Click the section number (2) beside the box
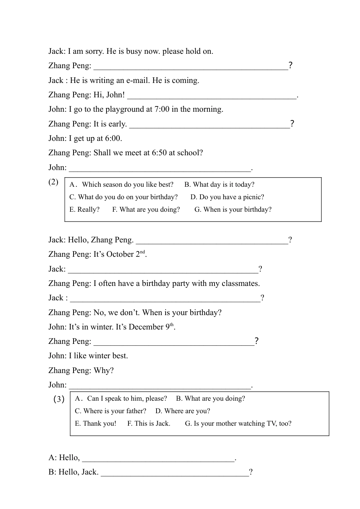tap(53, 182)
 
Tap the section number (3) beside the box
tap(59, 399)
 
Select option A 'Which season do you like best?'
tap(122, 185)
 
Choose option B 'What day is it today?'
tap(219, 185)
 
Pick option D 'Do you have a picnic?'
tap(227, 197)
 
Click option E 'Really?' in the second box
tap(85, 210)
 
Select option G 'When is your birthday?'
tap(233, 210)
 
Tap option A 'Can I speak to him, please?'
tap(121, 399)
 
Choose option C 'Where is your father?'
tap(110, 411)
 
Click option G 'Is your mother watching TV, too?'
tap(238, 424)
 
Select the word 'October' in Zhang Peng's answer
tap(120, 254)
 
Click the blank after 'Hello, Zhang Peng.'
tap(212, 242)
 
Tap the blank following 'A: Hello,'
tap(158, 460)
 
